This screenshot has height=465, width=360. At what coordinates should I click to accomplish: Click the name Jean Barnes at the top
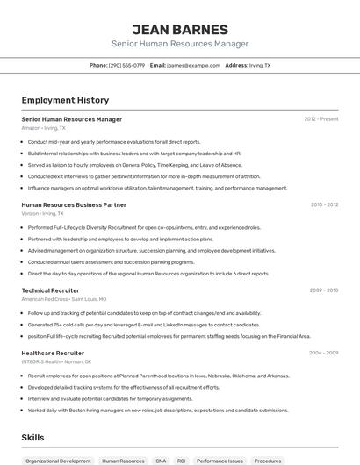click(x=179, y=29)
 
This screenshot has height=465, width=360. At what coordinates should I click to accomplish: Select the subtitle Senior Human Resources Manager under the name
click(x=179, y=44)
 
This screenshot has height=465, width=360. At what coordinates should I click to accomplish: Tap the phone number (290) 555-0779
click(x=126, y=65)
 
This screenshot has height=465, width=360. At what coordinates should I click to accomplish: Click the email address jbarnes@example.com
click(x=193, y=65)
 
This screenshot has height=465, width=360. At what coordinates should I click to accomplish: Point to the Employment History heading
click(x=65, y=100)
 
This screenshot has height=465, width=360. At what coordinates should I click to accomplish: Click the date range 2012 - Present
click(x=320, y=118)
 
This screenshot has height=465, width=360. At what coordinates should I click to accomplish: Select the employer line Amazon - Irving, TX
click(x=43, y=128)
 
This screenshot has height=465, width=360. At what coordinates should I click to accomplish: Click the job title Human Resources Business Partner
click(x=74, y=204)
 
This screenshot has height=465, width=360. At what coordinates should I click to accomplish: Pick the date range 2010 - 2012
click(x=324, y=204)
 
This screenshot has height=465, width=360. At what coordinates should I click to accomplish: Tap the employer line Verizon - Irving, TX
click(x=42, y=213)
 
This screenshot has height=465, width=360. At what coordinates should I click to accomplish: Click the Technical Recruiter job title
click(x=50, y=290)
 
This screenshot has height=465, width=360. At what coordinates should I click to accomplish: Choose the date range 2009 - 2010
click(x=324, y=290)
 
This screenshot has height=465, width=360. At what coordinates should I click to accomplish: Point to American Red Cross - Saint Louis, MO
click(x=63, y=298)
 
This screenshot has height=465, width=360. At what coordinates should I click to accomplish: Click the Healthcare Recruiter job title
click(x=53, y=353)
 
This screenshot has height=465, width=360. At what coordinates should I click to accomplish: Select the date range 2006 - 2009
click(x=323, y=353)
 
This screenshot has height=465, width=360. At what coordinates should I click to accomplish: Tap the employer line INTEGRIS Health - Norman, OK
click(x=56, y=361)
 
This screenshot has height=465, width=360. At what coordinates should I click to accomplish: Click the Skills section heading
click(x=33, y=436)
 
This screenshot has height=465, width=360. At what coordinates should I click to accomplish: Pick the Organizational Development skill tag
click(x=58, y=461)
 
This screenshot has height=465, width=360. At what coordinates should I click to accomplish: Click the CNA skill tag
click(x=161, y=461)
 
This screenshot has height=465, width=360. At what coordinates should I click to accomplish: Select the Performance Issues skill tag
click(x=220, y=461)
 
